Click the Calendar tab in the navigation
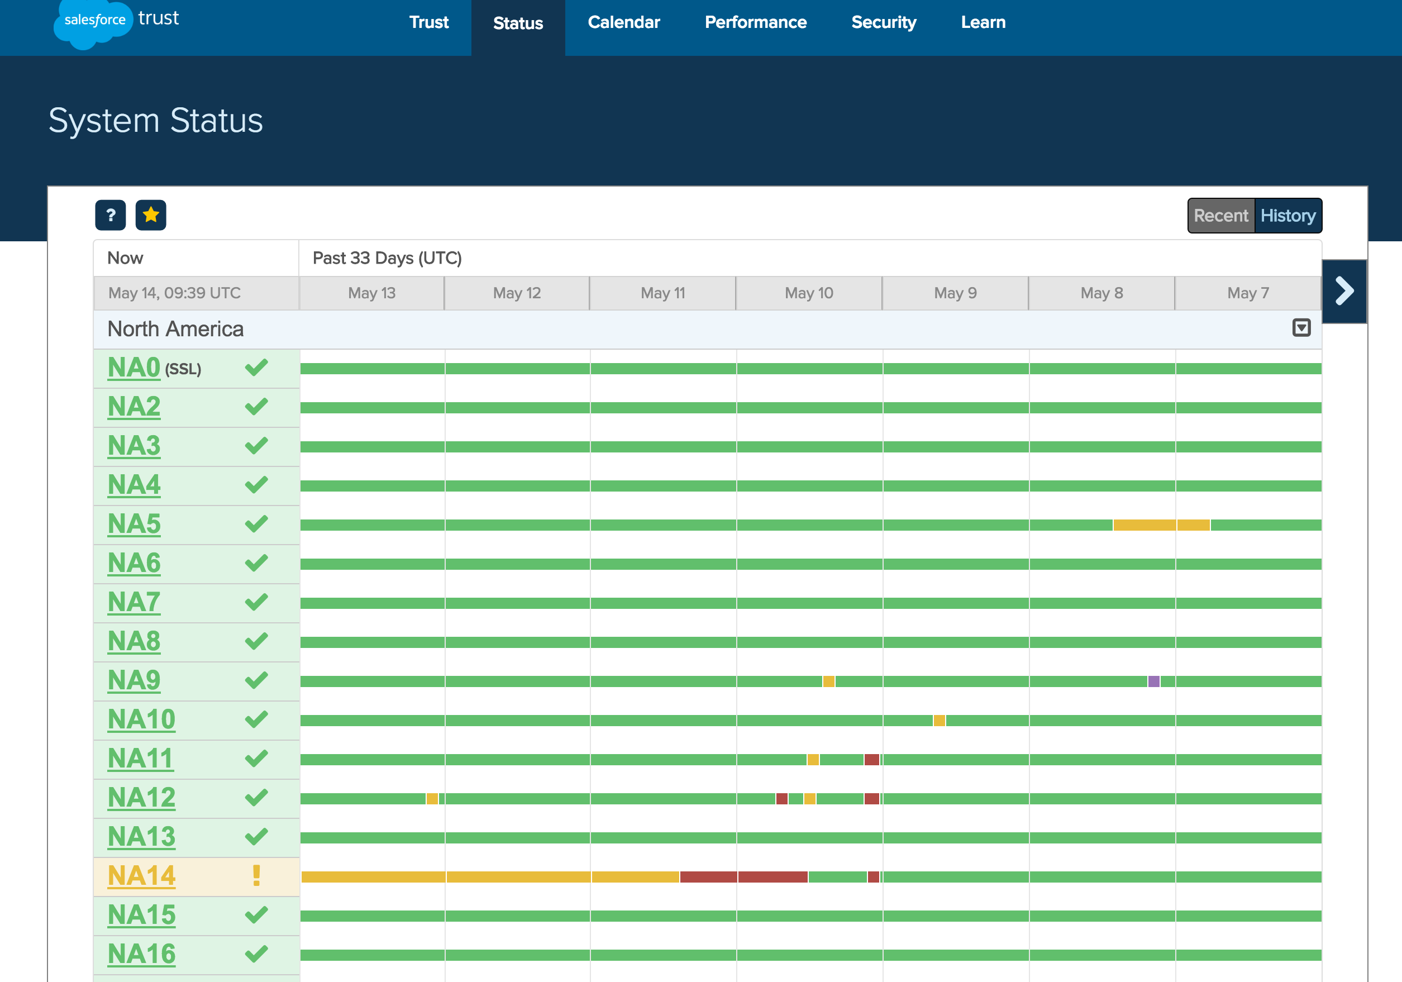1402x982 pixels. [x=623, y=22]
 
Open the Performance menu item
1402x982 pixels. [x=755, y=22]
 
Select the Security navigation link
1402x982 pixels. [x=884, y=22]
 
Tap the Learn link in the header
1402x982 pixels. [x=983, y=22]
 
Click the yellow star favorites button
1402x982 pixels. [x=151, y=215]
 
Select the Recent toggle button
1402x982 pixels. [x=1220, y=216]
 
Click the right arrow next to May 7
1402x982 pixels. [x=1343, y=291]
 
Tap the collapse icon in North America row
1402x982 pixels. [x=1301, y=328]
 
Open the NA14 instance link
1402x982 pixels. [x=141, y=876]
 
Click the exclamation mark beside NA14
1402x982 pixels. [x=256, y=876]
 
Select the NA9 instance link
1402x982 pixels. [x=133, y=680]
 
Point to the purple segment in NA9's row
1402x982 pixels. [x=1153, y=681]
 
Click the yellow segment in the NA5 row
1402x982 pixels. [x=1160, y=525]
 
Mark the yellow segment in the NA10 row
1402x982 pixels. [x=939, y=721]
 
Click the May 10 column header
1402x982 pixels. [x=808, y=293]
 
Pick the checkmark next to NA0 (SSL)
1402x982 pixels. [x=256, y=368]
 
